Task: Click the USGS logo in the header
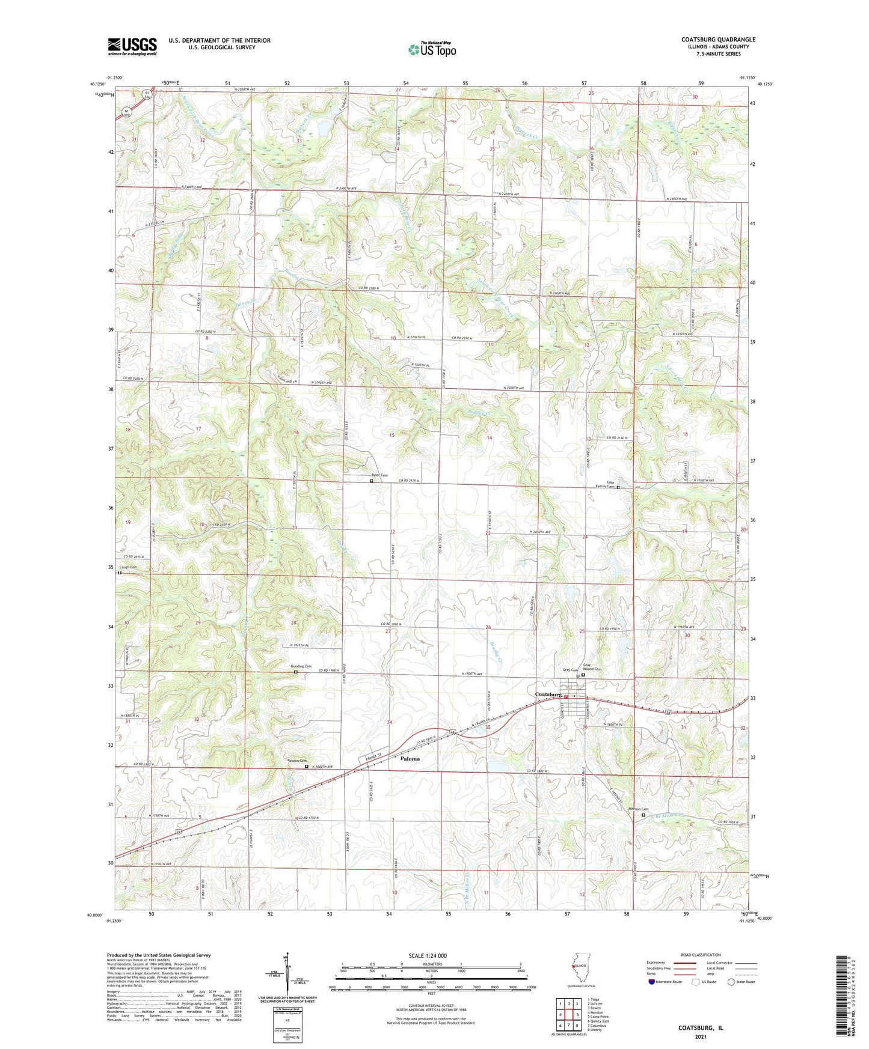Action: tap(132, 46)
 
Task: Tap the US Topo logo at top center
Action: tap(432, 49)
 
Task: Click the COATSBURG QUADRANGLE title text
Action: tap(718, 40)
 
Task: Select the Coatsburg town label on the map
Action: tap(548, 694)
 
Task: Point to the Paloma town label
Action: tap(410, 759)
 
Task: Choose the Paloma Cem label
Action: tap(297, 761)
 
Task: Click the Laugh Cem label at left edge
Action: tap(128, 567)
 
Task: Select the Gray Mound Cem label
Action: tap(591, 667)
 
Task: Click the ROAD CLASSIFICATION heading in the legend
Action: tap(701, 955)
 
